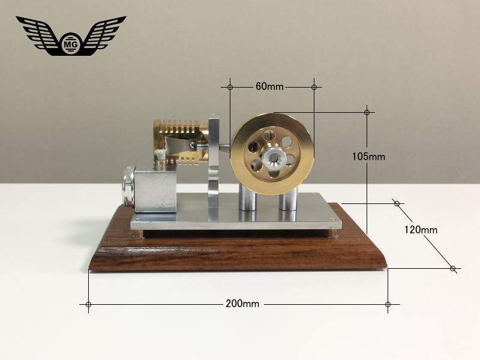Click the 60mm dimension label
[269, 86]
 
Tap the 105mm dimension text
[368, 157]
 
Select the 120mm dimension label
[421, 230]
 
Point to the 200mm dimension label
[242, 304]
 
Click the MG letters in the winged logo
[71, 44]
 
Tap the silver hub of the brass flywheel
[274, 158]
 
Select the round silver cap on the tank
[129, 186]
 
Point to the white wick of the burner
[160, 154]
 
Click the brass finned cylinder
[181, 142]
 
